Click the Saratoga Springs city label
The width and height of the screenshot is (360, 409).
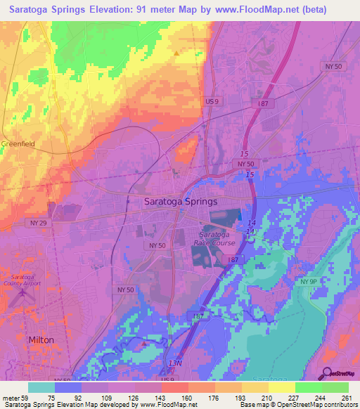tap(181, 201)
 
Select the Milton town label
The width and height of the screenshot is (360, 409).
tap(40, 339)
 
